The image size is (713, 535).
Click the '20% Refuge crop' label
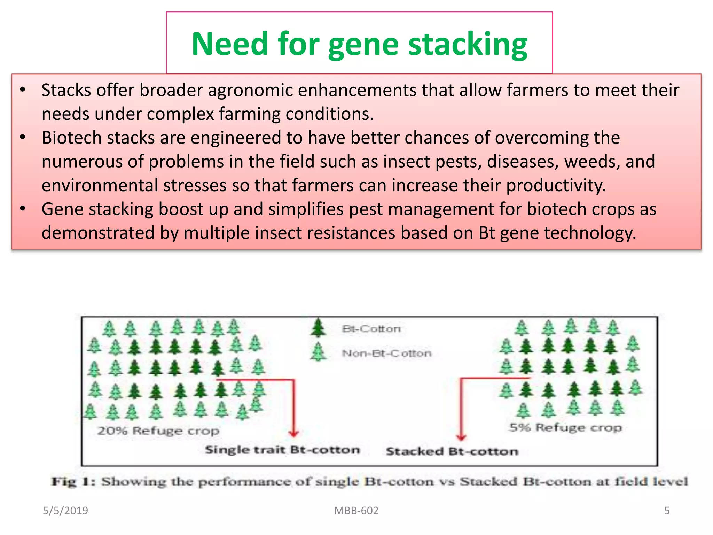[158, 431]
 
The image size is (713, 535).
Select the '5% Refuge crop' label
[566, 427]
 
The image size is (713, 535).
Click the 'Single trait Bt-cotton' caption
[282, 450]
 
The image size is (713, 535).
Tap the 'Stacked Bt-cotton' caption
[452, 451]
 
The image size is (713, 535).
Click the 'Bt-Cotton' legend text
[371, 329]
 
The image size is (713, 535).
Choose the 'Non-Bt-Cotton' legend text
[387, 354]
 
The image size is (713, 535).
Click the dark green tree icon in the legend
[318, 328]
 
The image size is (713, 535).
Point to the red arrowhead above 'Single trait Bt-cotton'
[294, 433]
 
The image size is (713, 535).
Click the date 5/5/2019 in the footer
[65, 511]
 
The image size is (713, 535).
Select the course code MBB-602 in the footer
[356, 511]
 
